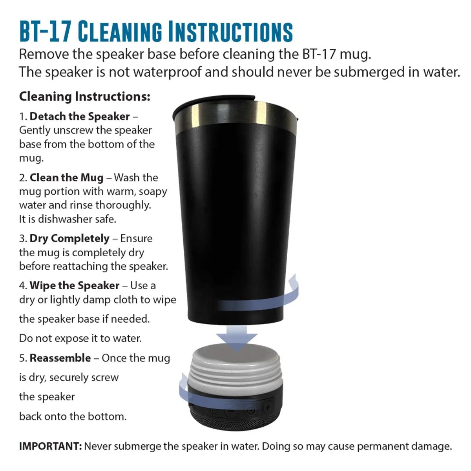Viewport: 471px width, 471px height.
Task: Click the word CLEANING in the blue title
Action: pos(120,32)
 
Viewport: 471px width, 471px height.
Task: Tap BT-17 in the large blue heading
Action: pos(45,32)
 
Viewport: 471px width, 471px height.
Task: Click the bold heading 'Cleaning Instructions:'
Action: pos(84,97)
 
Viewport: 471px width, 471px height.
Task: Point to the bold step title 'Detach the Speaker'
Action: pos(79,116)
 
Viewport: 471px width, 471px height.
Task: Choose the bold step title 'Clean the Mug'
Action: pos(66,178)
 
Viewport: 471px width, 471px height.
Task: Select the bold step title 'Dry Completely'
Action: pos(69,239)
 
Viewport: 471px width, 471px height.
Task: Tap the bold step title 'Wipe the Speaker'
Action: pos(74,285)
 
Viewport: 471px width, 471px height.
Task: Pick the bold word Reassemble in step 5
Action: pos(60,358)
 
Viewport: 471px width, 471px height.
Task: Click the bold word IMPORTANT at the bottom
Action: pos(50,446)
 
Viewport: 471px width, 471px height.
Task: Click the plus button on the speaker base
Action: pos(268,407)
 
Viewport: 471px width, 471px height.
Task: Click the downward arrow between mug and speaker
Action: pos(237,338)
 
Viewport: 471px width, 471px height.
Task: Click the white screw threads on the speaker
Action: pos(236,374)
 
